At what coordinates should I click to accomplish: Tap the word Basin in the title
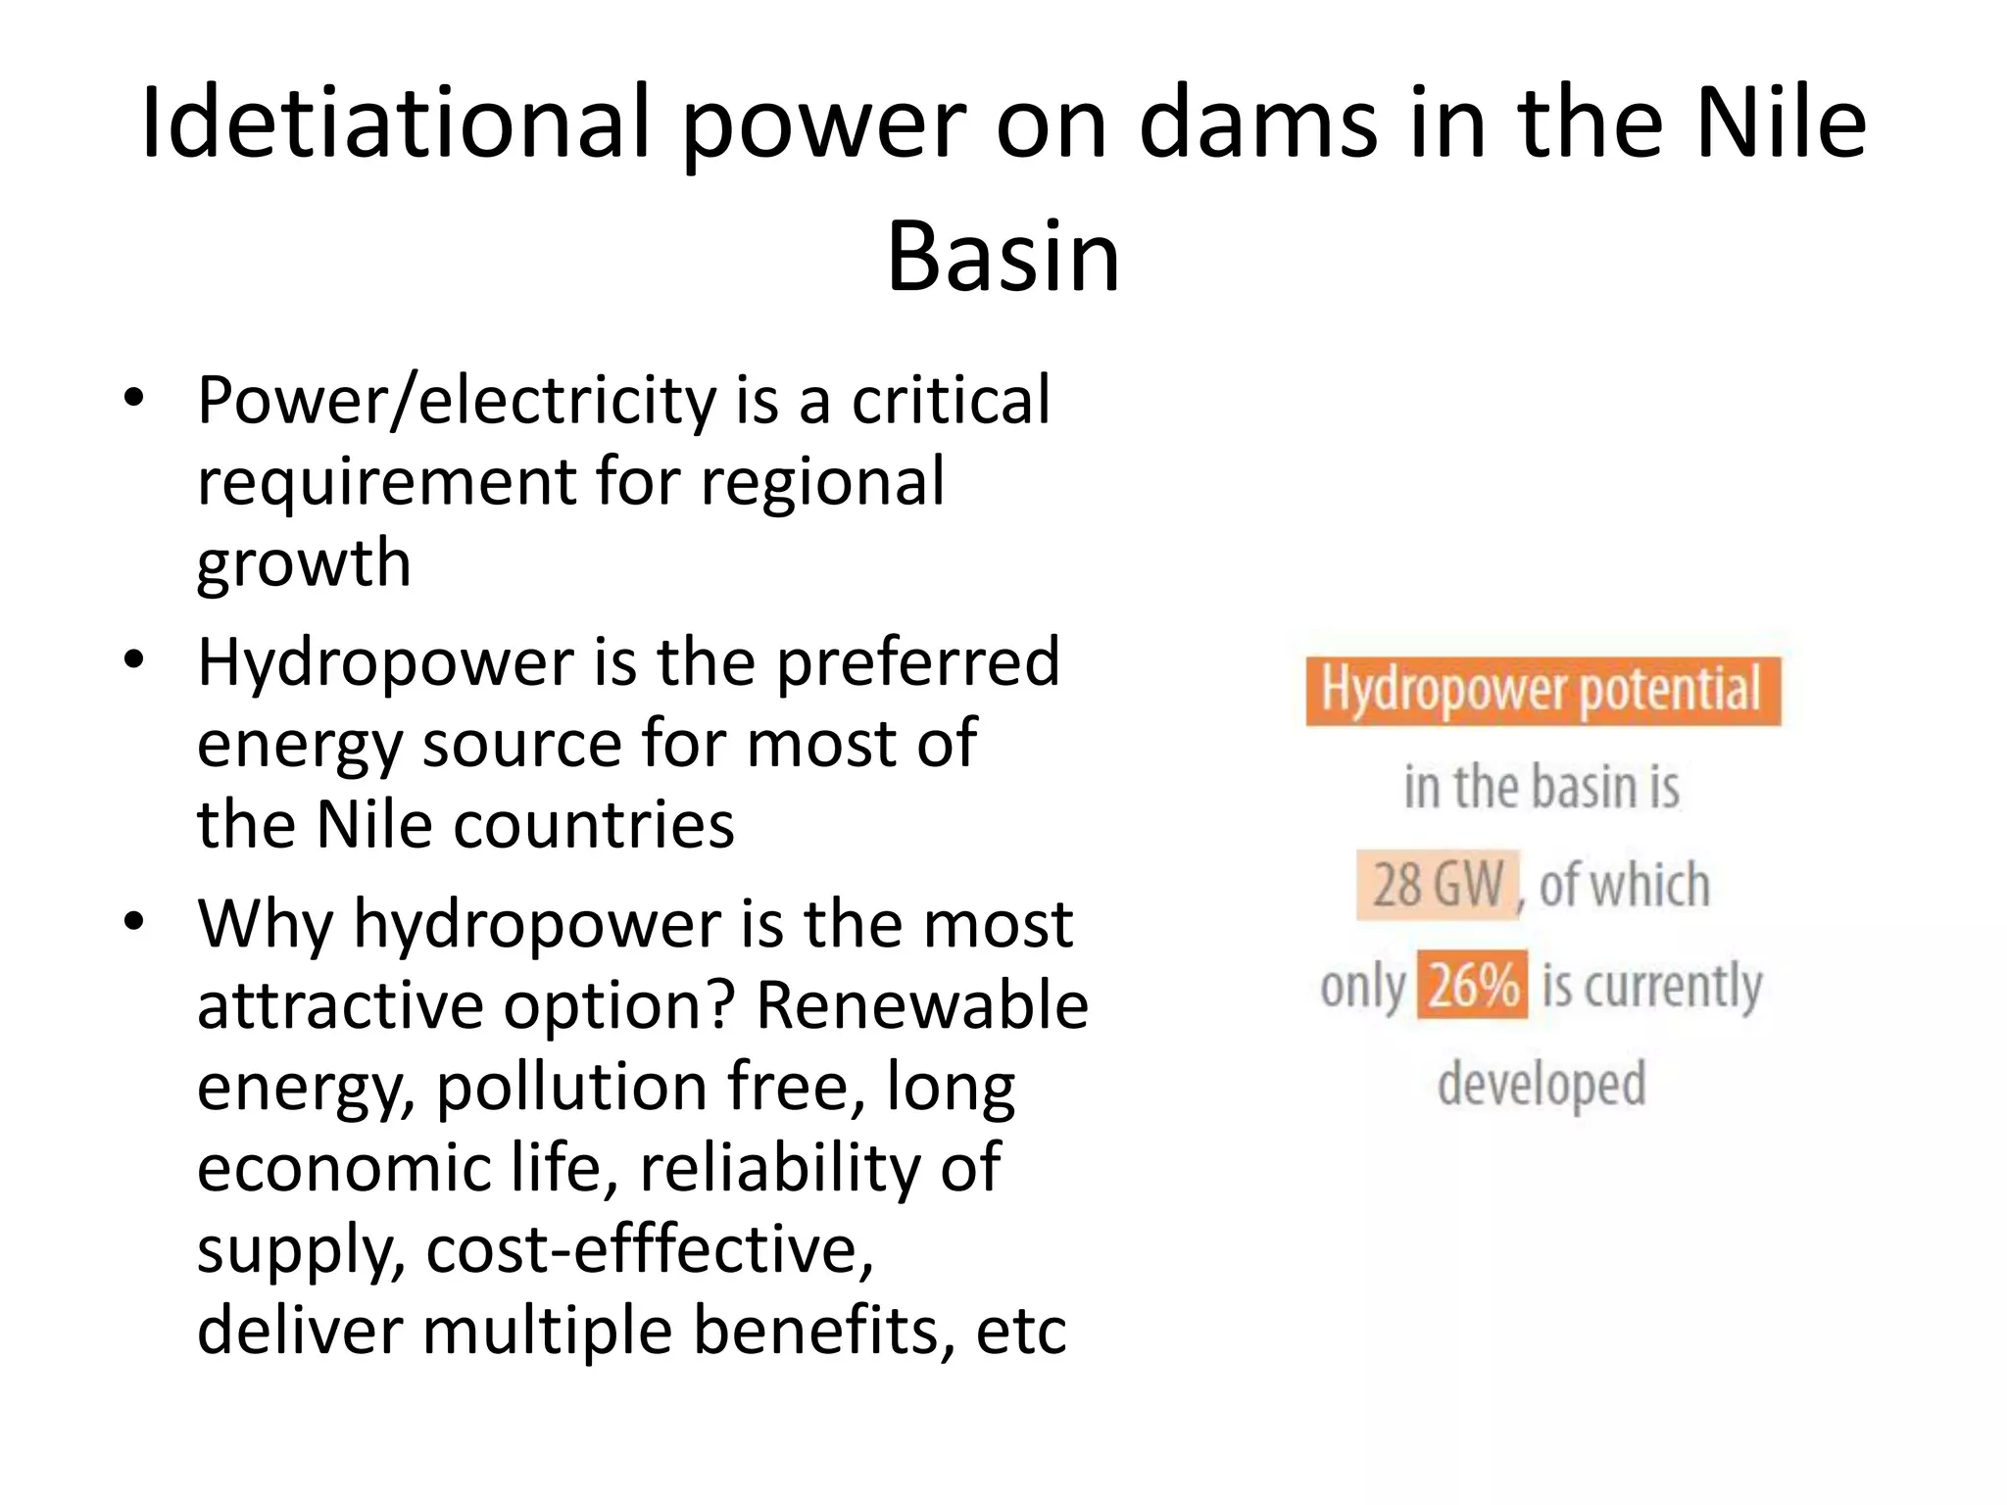1003,258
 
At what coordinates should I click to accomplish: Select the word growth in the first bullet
304,565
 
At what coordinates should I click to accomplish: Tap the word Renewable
922,1006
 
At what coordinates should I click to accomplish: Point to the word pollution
571,1089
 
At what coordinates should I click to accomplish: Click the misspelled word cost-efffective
649,1251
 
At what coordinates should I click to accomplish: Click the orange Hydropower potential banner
1542,691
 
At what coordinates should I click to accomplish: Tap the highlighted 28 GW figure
1437,886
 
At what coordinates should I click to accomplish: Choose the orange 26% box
1473,985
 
